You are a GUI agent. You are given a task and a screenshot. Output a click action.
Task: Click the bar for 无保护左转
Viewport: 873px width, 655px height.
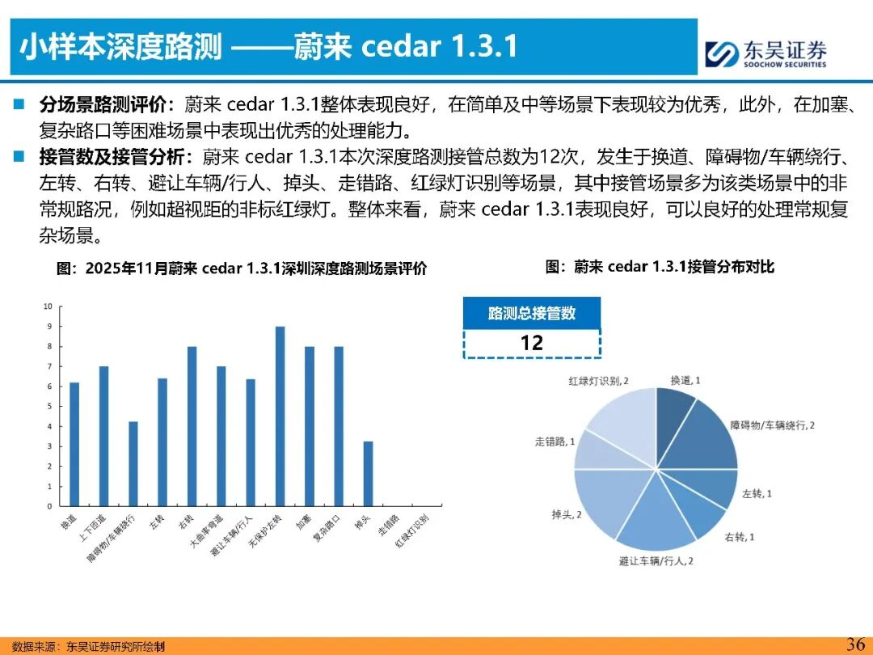tap(280, 416)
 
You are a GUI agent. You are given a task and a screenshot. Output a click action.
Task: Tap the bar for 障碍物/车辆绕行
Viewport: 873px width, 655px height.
tap(133, 463)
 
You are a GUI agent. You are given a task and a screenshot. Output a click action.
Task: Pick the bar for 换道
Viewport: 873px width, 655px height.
tap(74, 444)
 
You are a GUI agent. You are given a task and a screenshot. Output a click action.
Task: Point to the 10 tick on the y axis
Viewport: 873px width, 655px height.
tap(48, 306)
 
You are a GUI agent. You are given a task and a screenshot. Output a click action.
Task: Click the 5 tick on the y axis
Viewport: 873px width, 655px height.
tap(48, 406)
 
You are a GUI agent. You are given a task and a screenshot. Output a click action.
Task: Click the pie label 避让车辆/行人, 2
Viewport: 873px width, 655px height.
tap(656, 560)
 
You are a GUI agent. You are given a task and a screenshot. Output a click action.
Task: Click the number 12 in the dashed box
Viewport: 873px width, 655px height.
tap(531, 343)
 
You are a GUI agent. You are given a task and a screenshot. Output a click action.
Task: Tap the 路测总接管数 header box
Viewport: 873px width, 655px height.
tap(531, 313)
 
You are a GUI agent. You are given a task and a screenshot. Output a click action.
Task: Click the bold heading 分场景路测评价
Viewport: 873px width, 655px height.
tap(102, 105)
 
